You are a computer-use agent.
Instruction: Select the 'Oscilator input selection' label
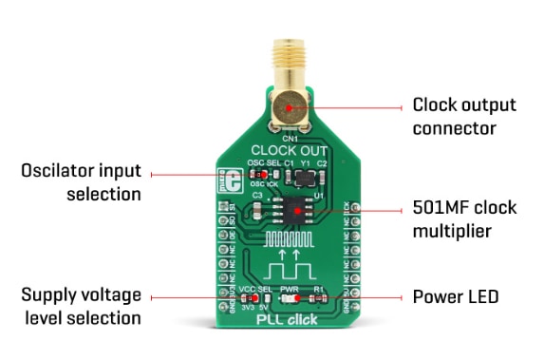tap(81, 182)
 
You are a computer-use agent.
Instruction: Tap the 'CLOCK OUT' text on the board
tap(288, 150)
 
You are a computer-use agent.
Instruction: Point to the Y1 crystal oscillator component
tap(305, 177)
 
